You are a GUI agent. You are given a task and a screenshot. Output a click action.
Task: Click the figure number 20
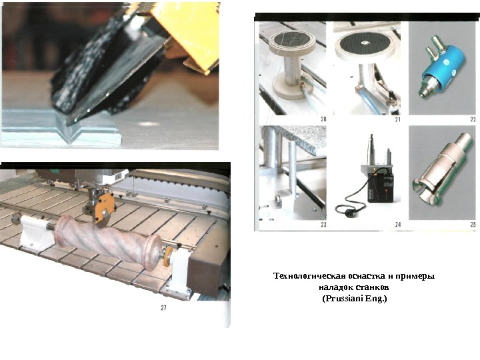point(323,119)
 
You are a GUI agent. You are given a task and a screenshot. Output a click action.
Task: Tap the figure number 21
point(397,119)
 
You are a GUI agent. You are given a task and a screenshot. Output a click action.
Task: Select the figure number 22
point(473,119)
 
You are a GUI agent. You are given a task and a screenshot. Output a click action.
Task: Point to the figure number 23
point(323,225)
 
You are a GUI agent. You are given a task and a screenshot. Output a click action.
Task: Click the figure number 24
point(397,225)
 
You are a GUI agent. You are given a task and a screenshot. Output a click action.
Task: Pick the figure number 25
point(473,225)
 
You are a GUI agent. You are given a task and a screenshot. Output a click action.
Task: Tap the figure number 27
point(163,307)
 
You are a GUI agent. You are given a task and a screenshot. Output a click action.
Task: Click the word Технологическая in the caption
point(310,276)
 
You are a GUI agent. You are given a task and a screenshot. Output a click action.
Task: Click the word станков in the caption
point(373,287)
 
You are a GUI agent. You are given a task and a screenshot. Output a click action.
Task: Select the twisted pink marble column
point(109,241)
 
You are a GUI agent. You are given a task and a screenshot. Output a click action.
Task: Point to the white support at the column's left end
point(32,233)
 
